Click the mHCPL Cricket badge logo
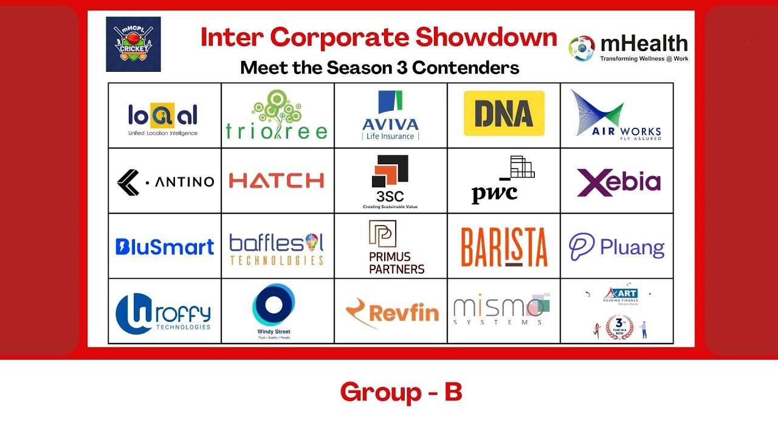click(x=133, y=44)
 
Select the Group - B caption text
click(x=401, y=392)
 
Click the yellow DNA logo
click(x=504, y=113)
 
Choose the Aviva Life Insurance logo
click(x=390, y=116)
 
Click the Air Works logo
click(x=616, y=115)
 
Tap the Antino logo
click(x=165, y=181)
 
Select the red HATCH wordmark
click(x=277, y=181)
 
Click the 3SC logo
click(x=390, y=181)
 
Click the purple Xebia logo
click(x=618, y=182)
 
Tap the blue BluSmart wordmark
click(x=165, y=246)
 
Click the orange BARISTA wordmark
click(x=504, y=247)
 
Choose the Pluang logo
click(x=616, y=247)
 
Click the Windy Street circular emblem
click(x=274, y=304)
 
